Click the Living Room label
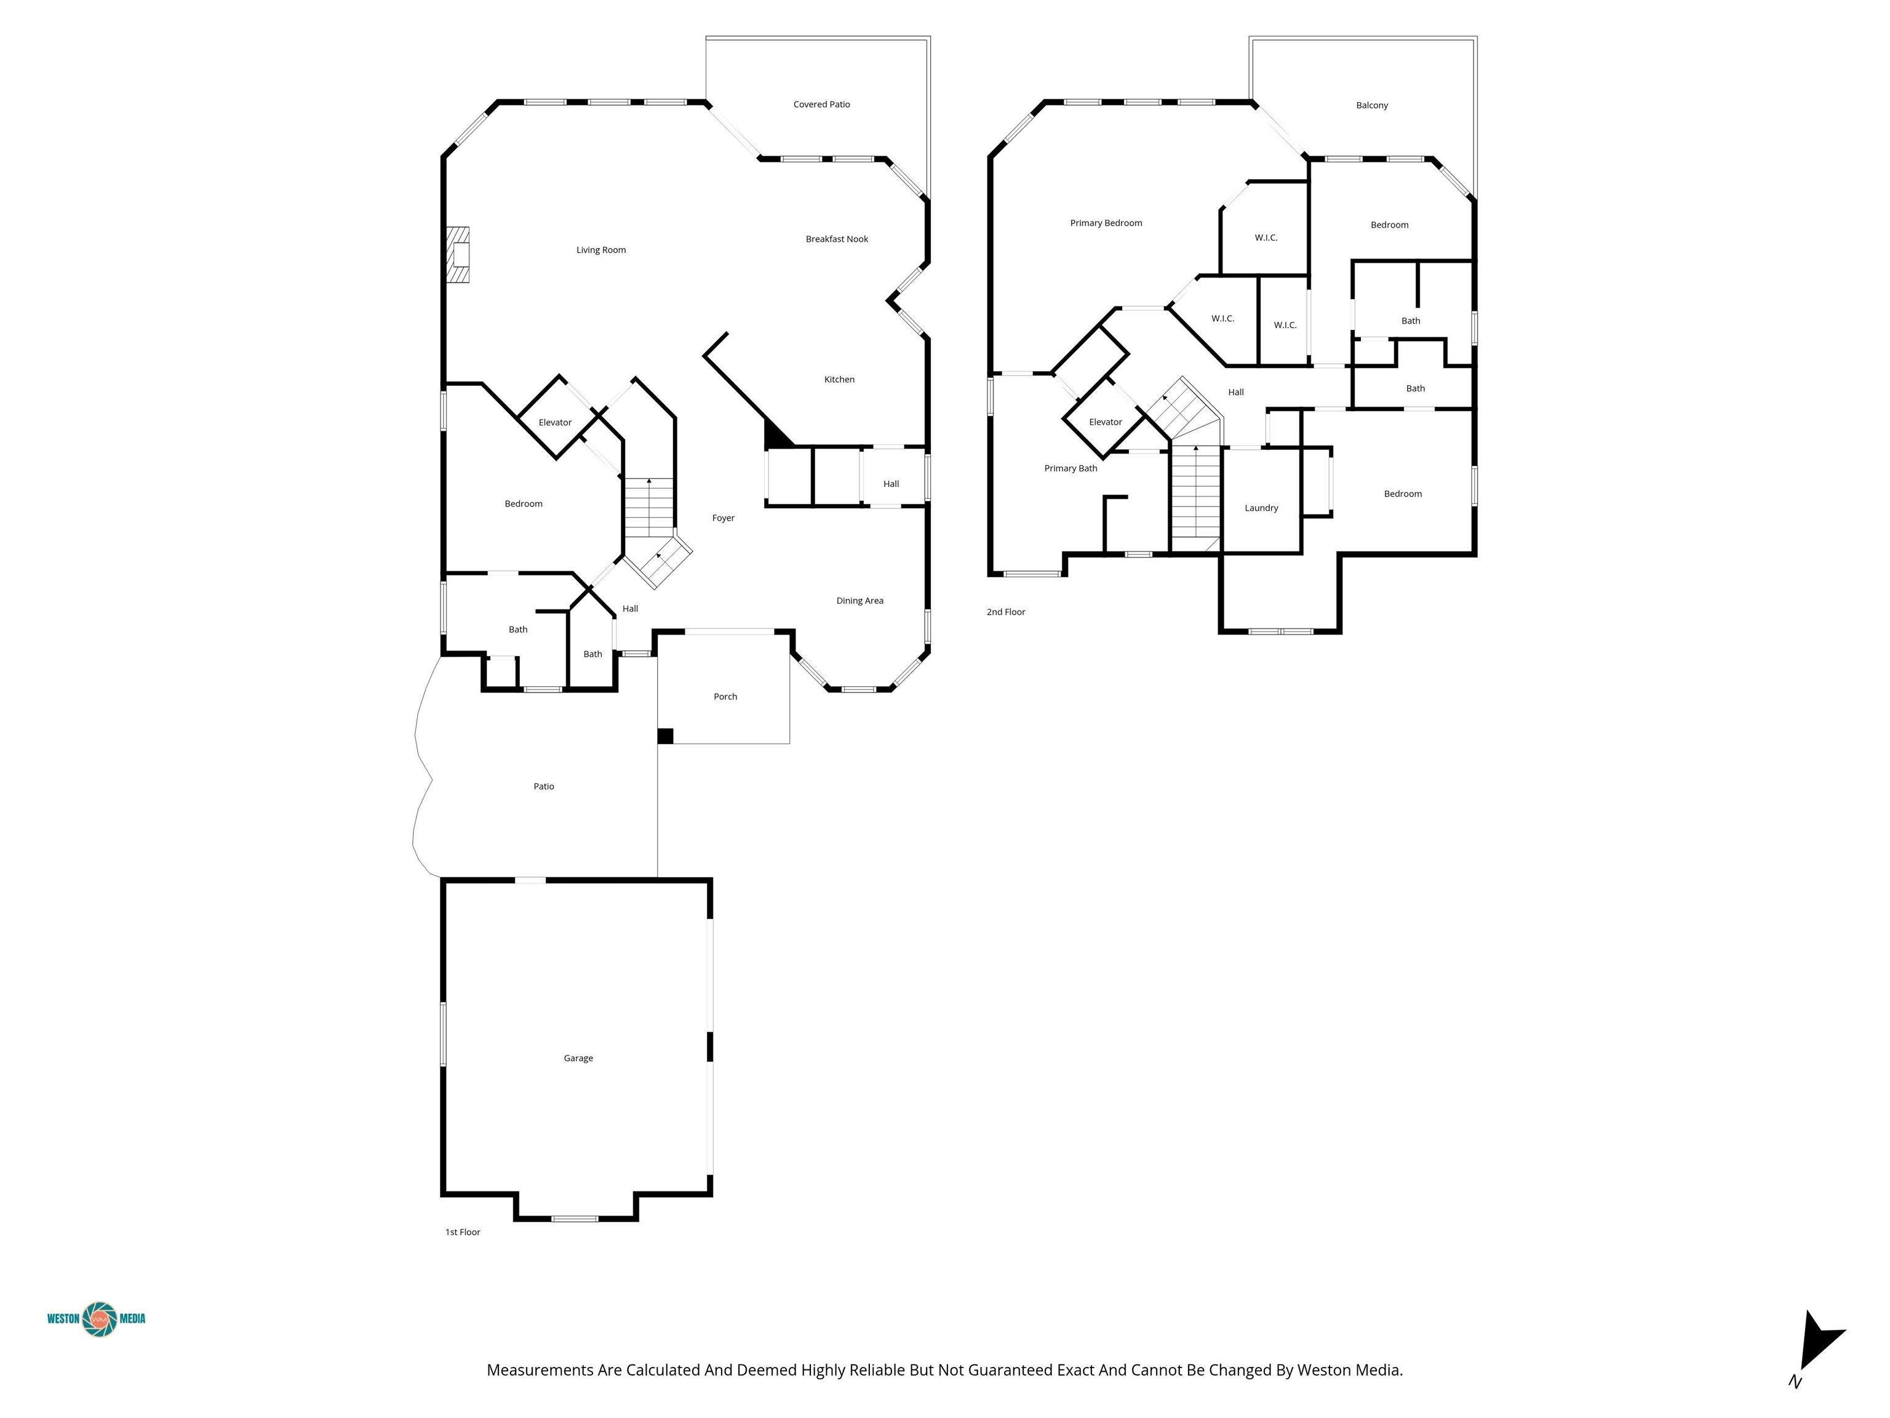coord(600,250)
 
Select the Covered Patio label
coord(821,104)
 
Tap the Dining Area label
coord(859,601)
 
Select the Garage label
coord(578,1058)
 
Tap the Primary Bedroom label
coord(1106,223)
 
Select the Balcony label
coord(1371,105)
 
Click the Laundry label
coord(1261,508)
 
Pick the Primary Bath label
coord(1071,468)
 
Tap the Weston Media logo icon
coord(100,1319)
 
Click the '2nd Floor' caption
coord(1006,612)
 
